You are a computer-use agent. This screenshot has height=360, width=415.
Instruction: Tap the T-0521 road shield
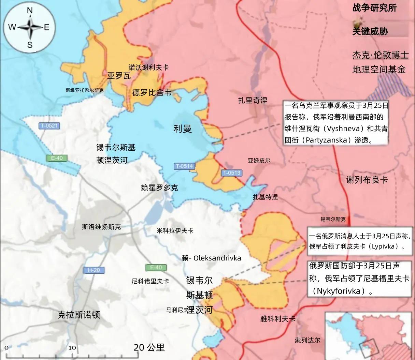[x=49, y=126]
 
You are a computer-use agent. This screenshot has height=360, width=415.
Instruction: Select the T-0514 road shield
[x=184, y=166]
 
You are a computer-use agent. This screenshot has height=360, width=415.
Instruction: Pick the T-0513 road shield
[x=232, y=173]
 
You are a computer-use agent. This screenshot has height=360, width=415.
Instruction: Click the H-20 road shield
[x=94, y=270]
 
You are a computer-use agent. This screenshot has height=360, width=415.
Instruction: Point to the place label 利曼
[x=183, y=129]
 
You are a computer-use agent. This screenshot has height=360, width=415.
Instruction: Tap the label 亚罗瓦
[x=119, y=76]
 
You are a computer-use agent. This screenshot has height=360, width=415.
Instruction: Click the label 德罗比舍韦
[x=152, y=92]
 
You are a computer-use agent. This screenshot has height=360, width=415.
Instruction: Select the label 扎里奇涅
[x=253, y=100]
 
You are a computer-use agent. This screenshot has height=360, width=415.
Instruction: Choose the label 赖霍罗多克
[x=159, y=187]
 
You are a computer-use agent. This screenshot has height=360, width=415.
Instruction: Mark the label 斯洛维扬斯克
[x=101, y=227]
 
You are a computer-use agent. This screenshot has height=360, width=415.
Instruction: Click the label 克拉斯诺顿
[x=79, y=315]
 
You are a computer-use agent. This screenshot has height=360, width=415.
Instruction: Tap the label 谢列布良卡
[x=367, y=180]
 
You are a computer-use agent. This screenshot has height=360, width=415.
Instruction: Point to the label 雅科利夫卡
[x=277, y=319]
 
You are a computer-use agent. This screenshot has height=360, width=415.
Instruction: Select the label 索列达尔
[x=307, y=340]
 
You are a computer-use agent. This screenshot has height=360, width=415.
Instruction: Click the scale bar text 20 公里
[x=149, y=347]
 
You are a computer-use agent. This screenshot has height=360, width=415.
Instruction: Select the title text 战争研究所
[x=374, y=8]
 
